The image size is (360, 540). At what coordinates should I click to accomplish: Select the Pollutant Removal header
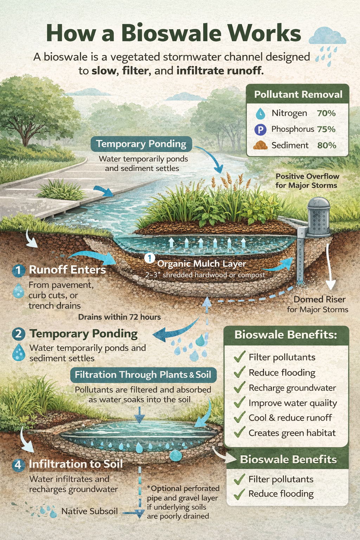(x=298, y=94)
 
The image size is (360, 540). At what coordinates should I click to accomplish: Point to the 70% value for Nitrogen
(x=326, y=113)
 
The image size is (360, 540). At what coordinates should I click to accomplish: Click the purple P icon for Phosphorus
(x=260, y=130)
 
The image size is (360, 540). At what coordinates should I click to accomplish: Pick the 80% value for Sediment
(x=326, y=145)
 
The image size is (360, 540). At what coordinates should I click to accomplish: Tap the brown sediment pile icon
(x=260, y=145)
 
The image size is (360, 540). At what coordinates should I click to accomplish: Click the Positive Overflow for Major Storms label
(x=307, y=181)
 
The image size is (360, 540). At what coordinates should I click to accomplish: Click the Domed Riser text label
(x=319, y=299)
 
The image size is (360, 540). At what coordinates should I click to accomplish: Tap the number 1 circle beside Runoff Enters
(x=18, y=270)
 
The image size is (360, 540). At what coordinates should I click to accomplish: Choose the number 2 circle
(x=18, y=334)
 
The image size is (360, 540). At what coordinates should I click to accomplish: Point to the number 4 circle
(x=18, y=465)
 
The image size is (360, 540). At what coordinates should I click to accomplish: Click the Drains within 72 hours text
(x=119, y=317)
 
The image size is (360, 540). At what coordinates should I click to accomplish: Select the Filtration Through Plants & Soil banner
(x=143, y=374)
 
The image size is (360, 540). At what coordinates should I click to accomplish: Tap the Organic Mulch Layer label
(x=201, y=264)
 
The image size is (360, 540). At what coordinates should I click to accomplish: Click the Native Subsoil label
(x=89, y=511)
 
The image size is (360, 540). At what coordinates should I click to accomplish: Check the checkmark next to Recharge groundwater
(x=239, y=387)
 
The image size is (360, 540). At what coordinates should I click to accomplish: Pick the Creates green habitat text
(x=292, y=433)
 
